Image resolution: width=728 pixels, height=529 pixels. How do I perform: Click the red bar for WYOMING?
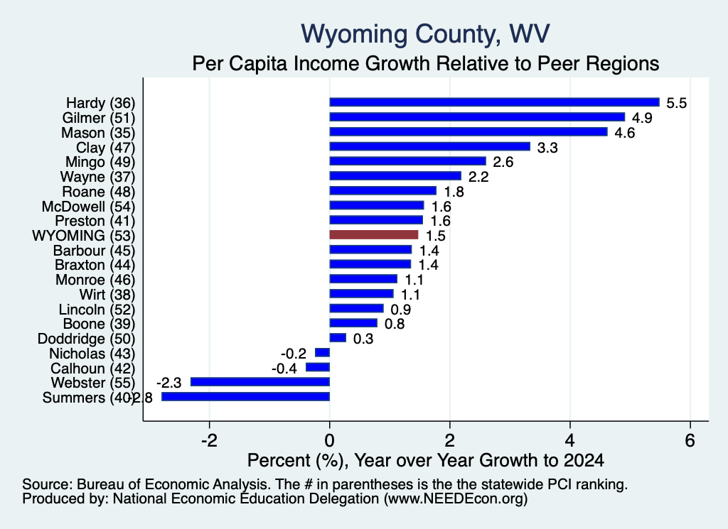pyautogui.click(x=374, y=235)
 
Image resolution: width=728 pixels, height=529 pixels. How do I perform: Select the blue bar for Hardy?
pyautogui.click(x=495, y=102)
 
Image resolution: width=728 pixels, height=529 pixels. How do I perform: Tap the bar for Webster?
pyautogui.click(x=260, y=382)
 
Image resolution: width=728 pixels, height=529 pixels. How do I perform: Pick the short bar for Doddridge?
pyautogui.click(x=338, y=338)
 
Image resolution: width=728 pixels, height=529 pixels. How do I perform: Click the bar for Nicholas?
pyautogui.click(x=322, y=353)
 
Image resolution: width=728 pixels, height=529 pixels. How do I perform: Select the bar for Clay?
pyautogui.click(x=430, y=146)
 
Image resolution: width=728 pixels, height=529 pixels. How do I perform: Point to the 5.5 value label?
pyautogui.click(x=677, y=103)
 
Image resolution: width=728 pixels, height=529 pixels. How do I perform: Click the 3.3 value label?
pyautogui.click(x=547, y=148)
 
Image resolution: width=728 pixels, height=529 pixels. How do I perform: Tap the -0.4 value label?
pyautogui.click(x=284, y=369)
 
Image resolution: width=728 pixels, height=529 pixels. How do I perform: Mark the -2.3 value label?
pyautogui.click(x=169, y=383)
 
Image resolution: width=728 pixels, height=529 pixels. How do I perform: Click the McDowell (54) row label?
pyautogui.click(x=88, y=207)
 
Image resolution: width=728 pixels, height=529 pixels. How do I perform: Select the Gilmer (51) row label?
pyautogui.click(x=98, y=118)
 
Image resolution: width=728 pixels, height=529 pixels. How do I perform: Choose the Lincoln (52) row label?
pyautogui.click(x=97, y=310)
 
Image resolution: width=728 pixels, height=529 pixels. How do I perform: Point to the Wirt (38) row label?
pyautogui.click(x=107, y=295)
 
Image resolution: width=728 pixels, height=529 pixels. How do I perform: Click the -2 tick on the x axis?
pyautogui.click(x=210, y=440)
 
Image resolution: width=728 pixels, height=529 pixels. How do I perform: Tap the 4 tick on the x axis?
pyautogui.click(x=570, y=440)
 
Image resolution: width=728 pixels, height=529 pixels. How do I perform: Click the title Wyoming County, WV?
pyautogui.click(x=425, y=33)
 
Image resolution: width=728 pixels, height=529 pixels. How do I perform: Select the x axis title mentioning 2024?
pyautogui.click(x=426, y=460)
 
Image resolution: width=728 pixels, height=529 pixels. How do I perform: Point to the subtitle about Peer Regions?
pyautogui.click(x=426, y=63)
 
